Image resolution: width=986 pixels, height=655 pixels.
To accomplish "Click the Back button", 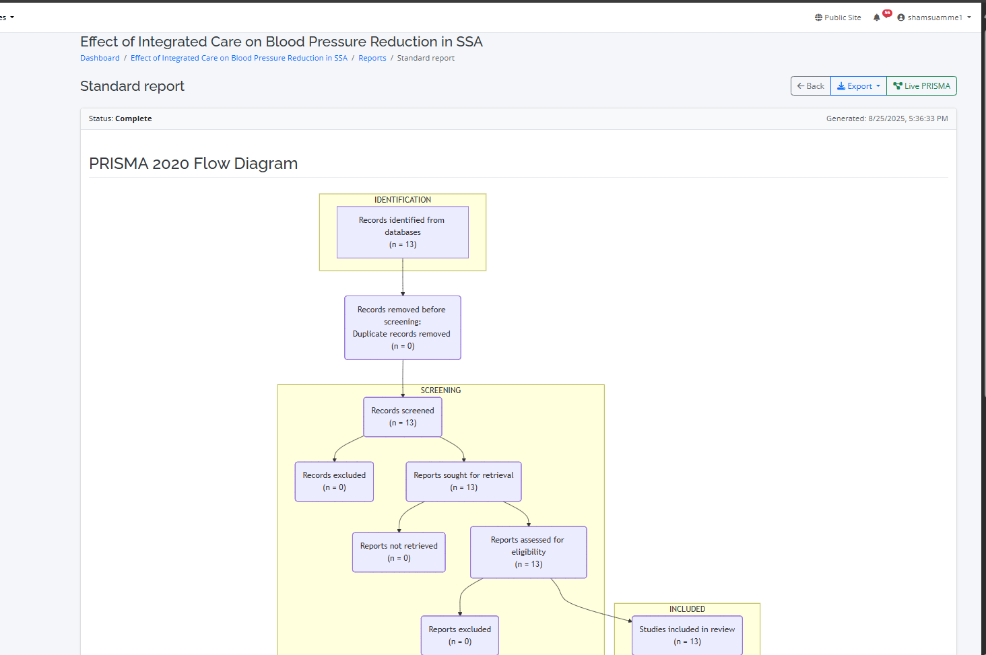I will click(x=810, y=86).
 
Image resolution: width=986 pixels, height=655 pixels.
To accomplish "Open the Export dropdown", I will click(x=859, y=86).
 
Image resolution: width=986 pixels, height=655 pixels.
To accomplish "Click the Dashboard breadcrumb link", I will click(x=100, y=58).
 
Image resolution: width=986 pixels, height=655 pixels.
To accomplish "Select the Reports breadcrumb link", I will click(x=372, y=58).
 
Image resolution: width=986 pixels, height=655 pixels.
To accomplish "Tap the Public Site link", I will click(x=838, y=18).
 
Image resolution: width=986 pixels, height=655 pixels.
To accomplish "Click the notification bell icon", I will click(x=877, y=18).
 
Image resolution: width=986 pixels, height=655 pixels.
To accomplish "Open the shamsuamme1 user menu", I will click(x=934, y=18).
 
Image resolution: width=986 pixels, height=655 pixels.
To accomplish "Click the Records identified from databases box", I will click(x=402, y=232).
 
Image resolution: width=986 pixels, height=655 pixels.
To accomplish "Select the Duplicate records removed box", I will click(x=402, y=328).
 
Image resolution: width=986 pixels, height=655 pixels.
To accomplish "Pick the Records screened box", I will click(x=402, y=417).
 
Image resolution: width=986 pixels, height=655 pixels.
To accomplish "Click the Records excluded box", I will click(x=334, y=481).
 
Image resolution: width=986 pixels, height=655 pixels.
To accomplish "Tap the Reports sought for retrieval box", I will click(x=463, y=481).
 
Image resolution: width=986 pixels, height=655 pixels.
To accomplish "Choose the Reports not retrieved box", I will click(x=399, y=552).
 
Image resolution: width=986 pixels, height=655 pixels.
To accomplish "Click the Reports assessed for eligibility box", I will click(x=528, y=552).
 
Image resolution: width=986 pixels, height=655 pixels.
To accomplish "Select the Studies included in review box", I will click(x=687, y=635).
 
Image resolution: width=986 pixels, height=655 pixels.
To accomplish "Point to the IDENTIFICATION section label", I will click(x=402, y=200).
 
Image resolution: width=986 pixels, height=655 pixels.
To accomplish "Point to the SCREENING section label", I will click(x=440, y=390).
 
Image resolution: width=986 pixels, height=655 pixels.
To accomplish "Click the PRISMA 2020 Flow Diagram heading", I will click(x=193, y=164).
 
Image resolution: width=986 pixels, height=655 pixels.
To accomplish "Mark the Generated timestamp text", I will click(x=886, y=118).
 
